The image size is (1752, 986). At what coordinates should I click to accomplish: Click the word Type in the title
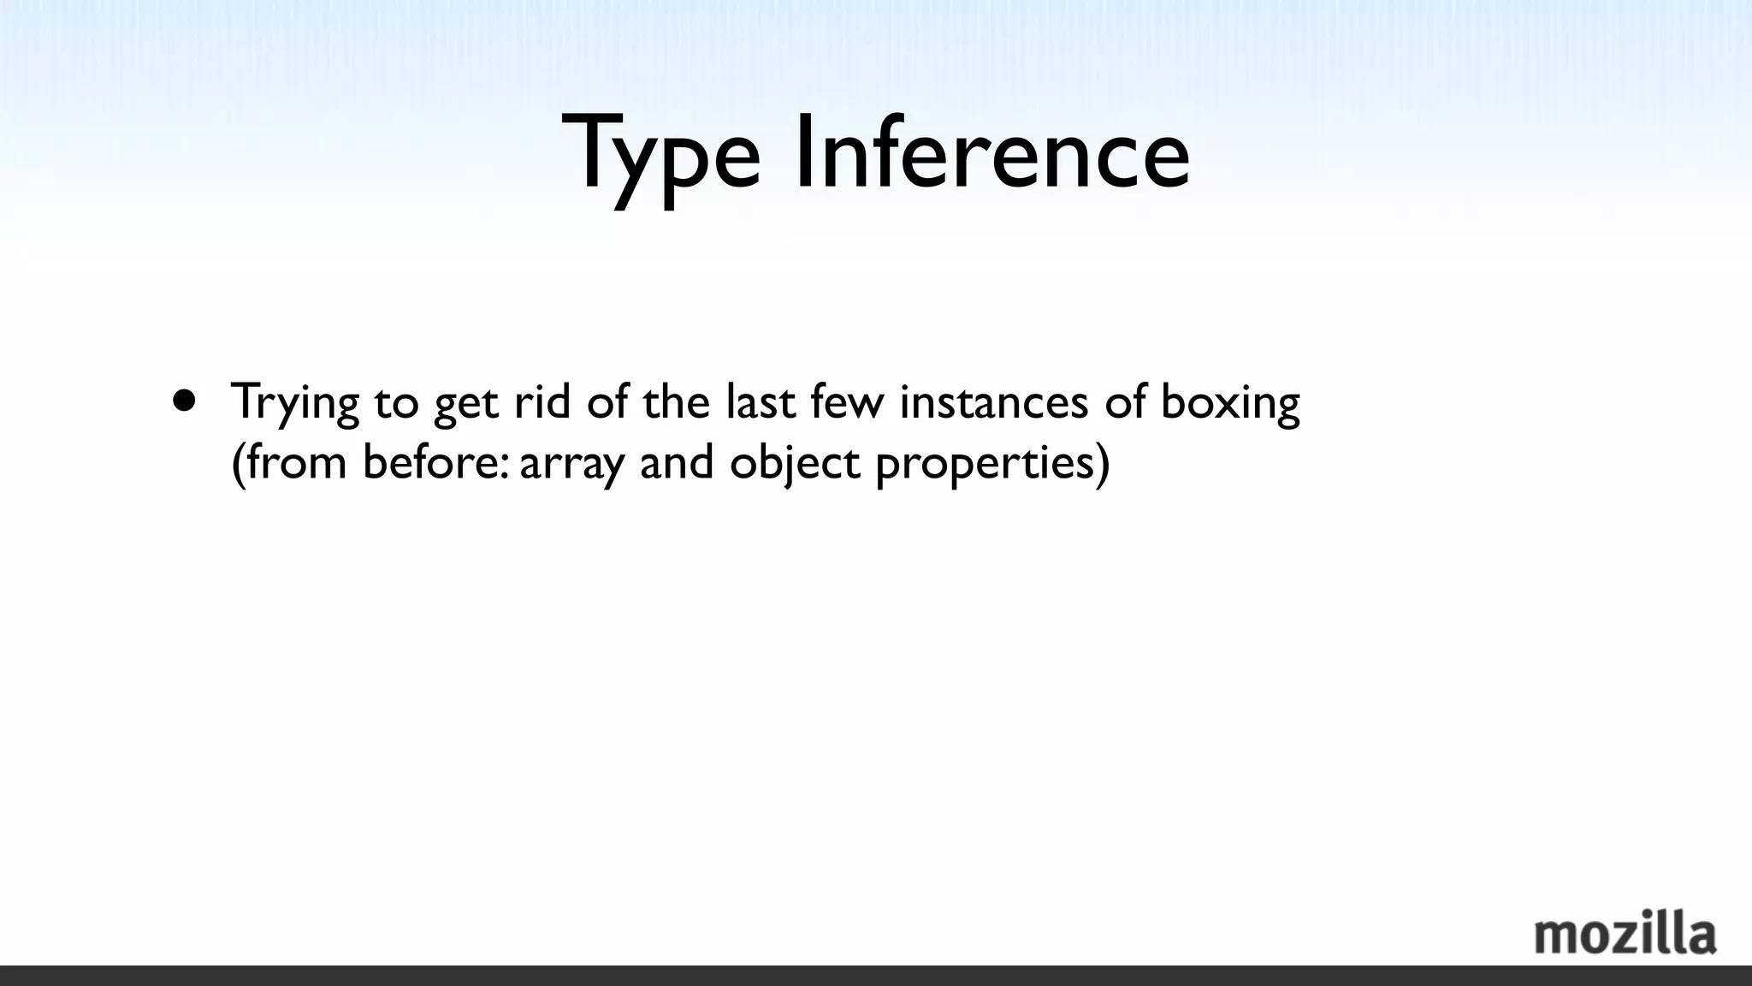pos(660,154)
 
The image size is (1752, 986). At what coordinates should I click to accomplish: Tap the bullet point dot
pos(184,400)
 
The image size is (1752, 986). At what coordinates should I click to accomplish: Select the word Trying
pos(294,402)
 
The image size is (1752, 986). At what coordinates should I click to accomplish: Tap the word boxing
pos(1229,402)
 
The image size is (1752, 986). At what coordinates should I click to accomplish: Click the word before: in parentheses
pos(436,462)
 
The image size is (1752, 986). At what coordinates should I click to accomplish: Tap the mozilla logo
pos(1625,935)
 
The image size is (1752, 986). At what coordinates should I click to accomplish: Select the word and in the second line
pos(676,462)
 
